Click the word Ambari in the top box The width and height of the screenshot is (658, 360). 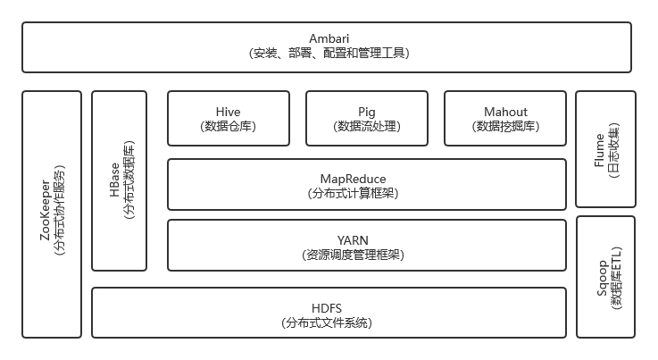[x=329, y=38]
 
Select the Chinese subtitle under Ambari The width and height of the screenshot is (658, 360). [x=329, y=54]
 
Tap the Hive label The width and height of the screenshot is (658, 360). [x=229, y=111]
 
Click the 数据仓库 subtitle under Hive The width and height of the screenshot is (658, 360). [x=229, y=126]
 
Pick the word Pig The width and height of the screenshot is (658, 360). [x=367, y=111]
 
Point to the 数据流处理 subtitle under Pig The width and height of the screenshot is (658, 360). [x=367, y=126]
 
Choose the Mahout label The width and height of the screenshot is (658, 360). [x=505, y=111]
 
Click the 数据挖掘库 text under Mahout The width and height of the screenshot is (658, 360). [x=505, y=126]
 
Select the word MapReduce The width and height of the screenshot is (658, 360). [x=366, y=178]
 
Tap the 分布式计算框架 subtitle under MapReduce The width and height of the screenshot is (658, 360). [x=366, y=193]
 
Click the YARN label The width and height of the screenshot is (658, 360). [x=366, y=239]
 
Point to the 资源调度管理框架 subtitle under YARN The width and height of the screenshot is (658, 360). [x=366, y=255]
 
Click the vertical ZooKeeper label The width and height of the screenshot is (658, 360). [x=45, y=214]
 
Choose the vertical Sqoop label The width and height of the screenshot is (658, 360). [x=598, y=278]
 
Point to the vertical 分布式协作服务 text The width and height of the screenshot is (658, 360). [x=60, y=214]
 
